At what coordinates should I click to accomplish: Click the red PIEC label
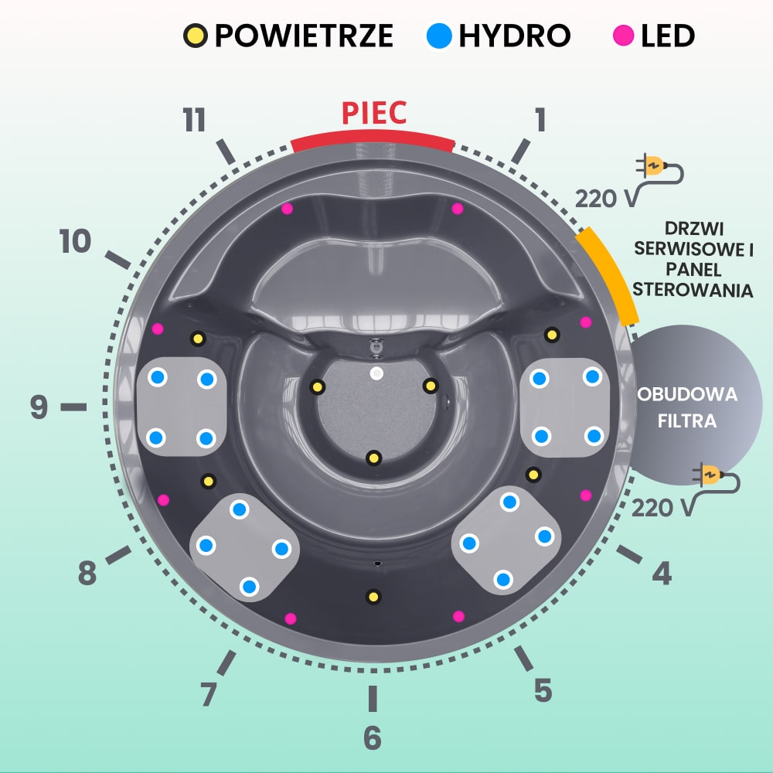[374, 114]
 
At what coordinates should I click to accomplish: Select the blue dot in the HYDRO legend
[439, 35]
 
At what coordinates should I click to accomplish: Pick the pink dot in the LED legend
[622, 35]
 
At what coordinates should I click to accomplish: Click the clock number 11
[194, 121]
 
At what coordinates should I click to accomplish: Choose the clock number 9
[39, 407]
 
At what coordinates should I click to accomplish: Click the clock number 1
[540, 121]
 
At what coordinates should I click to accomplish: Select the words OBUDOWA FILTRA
[686, 408]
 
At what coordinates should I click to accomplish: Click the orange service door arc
[608, 275]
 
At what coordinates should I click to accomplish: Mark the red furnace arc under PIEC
[373, 139]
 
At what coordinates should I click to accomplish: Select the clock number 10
[76, 243]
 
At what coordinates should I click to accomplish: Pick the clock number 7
[208, 694]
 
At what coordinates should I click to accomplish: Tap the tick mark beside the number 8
[118, 555]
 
